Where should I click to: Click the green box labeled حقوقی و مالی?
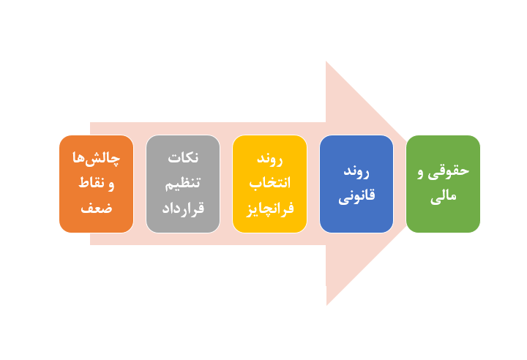coord(443,184)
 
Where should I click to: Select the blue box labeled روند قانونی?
coord(356,184)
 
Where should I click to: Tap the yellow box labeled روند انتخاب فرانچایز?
coord(269,184)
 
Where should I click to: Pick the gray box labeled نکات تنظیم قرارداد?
coord(183,184)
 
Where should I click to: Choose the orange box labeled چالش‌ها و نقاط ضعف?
coord(97,184)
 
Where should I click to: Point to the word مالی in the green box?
coord(444,196)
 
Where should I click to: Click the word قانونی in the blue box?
coord(356,196)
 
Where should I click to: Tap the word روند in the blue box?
coord(356,172)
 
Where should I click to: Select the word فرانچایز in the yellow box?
coord(269,208)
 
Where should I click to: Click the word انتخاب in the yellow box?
coord(269,184)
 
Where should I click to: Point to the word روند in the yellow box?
coord(269,160)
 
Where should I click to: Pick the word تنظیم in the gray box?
coord(183,184)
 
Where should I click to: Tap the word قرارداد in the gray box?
coord(183,208)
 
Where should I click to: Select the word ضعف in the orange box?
coord(97,208)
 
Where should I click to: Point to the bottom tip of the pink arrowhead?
coord(326,304)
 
